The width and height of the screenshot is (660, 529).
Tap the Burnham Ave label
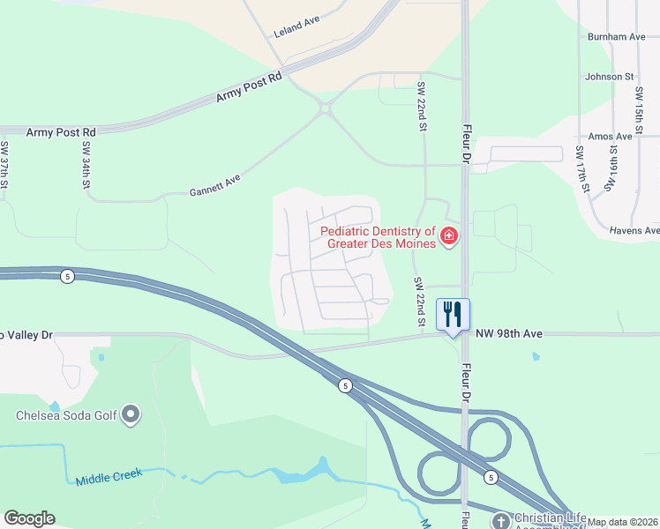tap(616, 37)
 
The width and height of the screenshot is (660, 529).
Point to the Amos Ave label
tap(610, 137)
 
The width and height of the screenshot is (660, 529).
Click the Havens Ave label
tap(634, 230)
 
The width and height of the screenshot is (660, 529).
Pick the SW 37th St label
tap(5, 164)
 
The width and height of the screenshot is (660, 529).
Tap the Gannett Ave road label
tap(214, 186)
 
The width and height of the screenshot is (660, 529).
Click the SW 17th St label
tap(583, 169)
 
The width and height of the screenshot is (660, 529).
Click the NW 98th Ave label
tap(509, 333)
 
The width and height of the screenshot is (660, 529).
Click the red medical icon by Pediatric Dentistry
tap(448, 236)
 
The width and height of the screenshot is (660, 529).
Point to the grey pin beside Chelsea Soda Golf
tap(131, 414)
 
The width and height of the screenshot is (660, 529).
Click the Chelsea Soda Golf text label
tap(66, 415)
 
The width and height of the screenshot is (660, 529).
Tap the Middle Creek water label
tap(109, 479)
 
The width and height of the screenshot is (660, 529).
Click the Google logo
tap(29, 518)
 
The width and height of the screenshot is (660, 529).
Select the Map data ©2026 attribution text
tap(623, 522)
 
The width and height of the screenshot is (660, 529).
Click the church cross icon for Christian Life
tap(500, 521)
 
